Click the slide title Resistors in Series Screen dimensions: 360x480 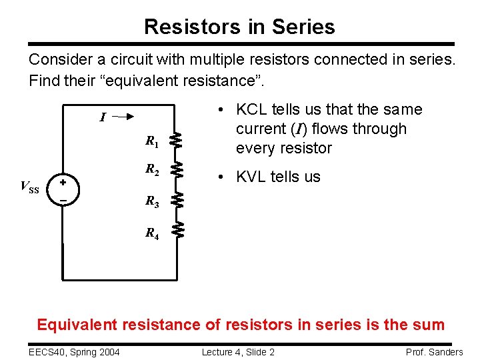click(239, 27)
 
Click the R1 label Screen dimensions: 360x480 click(152, 141)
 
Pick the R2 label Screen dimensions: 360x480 click(152, 170)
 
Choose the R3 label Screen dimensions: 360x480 click(152, 201)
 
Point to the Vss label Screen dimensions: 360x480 click(30, 187)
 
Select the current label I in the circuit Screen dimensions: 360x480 click(102, 118)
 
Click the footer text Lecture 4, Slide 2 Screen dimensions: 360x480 click(239, 351)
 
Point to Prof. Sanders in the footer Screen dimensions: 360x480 click(434, 351)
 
